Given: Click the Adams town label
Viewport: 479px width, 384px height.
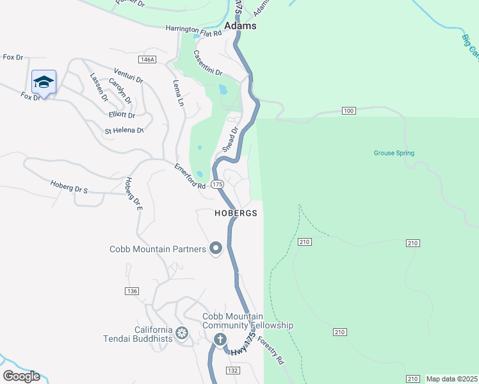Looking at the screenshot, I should (x=241, y=26).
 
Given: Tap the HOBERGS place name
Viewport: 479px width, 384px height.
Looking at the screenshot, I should (x=236, y=212).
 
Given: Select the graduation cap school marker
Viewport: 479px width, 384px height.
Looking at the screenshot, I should (x=44, y=82).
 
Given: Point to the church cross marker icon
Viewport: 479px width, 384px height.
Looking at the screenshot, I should (x=220, y=339).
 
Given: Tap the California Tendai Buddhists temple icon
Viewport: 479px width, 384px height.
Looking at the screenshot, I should (x=182, y=333).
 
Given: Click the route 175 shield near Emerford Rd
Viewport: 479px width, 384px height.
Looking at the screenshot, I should (x=218, y=184).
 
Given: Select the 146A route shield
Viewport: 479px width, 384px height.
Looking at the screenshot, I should (x=147, y=60).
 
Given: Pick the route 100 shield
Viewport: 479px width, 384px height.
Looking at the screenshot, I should (x=348, y=111).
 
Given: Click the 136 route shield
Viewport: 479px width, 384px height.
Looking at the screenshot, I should (x=133, y=291).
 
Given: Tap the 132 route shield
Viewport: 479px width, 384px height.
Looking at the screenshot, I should (x=233, y=371).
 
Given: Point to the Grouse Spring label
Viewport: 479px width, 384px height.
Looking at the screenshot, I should (x=394, y=153).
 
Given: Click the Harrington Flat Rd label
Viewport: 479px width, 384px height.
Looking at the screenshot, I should (x=193, y=29).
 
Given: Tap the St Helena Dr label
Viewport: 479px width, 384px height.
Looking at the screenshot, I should (x=124, y=131).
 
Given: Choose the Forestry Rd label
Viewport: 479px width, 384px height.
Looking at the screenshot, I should (x=271, y=351).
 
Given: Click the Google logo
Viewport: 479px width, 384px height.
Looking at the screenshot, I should (x=21, y=376).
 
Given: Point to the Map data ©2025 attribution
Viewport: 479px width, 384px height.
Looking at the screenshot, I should (x=451, y=379).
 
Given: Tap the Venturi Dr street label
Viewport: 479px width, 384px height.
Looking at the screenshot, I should (x=128, y=75).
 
